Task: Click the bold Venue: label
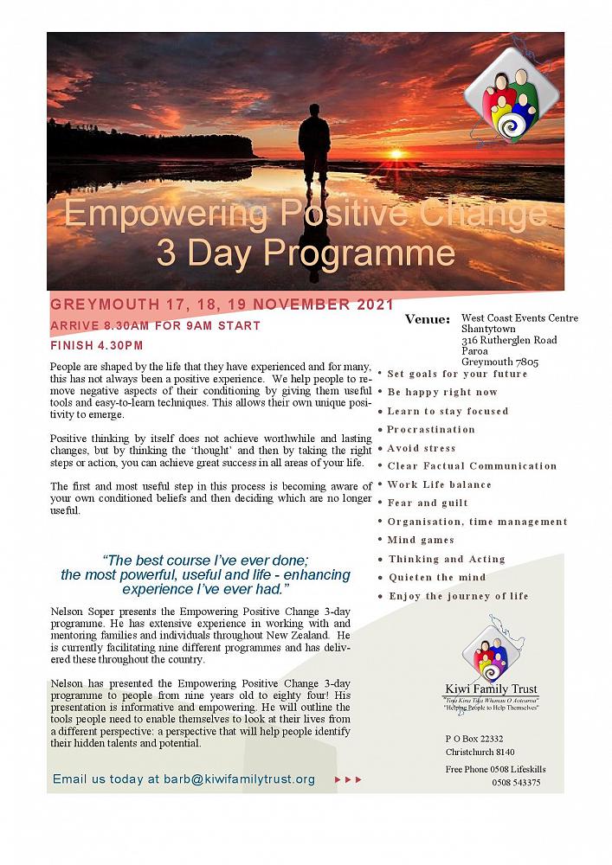[428, 320]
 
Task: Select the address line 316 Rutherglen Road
[508, 340]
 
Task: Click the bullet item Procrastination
[431, 429]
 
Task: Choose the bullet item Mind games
[421, 540]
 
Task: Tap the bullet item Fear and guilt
[428, 503]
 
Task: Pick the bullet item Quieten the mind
[437, 577]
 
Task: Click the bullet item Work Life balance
[439, 484]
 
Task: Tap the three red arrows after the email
[348, 779]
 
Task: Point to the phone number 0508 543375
[516, 783]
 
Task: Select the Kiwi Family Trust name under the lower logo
[491, 689]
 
